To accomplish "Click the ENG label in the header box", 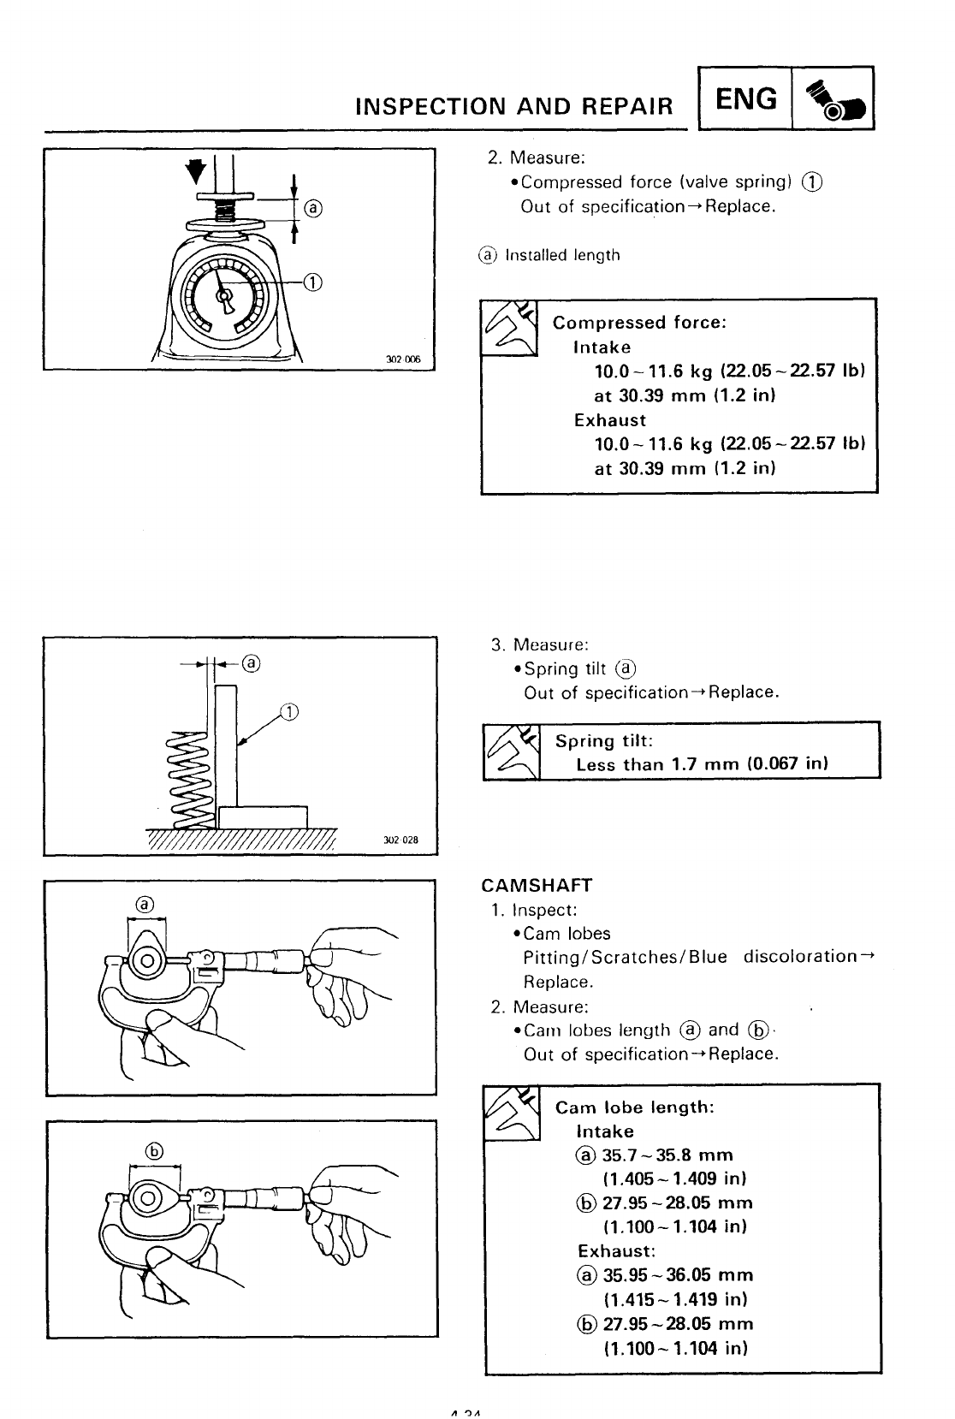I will pyautogui.click(x=746, y=99).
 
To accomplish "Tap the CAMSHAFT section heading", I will pyautogui.click(x=537, y=885).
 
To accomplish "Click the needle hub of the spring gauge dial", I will pyautogui.click(x=226, y=296).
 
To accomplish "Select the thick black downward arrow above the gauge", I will pyautogui.click(x=198, y=170).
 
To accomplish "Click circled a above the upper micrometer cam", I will pyautogui.click(x=145, y=905).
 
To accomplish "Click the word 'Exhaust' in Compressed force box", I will pyautogui.click(x=609, y=420).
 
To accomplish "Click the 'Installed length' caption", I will pyautogui.click(x=562, y=255).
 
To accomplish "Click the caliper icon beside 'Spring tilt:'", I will pyautogui.click(x=511, y=751).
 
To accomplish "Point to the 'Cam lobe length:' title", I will pyautogui.click(x=634, y=1107).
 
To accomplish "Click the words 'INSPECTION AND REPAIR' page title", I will pyautogui.click(x=513, y=105).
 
